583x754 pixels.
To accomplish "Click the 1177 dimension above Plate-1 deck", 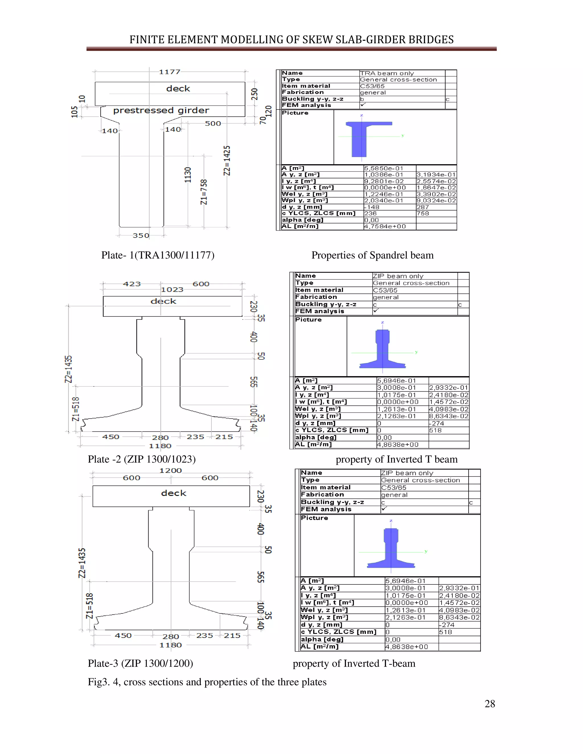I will coord(169,72).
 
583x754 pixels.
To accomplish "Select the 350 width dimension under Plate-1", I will coord(141,236).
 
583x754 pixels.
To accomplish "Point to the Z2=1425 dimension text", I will coord(227,160).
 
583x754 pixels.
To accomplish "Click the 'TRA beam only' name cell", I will coord(387,73).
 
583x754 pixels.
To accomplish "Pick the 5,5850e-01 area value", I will coord(383,168).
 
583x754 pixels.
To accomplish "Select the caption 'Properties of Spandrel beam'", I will coord(372,255).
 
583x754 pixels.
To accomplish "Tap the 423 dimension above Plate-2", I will coord(132,284).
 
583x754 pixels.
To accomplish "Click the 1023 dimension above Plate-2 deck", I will coord(172,290).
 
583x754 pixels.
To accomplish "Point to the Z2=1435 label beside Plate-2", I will coord(69,369).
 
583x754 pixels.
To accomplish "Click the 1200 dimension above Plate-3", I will coord(170,471).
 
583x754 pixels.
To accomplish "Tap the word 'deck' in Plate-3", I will coord(173,493).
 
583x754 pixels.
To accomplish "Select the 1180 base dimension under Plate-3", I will coord(170,645).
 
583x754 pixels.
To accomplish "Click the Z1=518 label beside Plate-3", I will coord(89,606).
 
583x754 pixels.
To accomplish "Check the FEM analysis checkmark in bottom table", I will coord(384,508).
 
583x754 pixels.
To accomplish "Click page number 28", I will coord(489,704).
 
